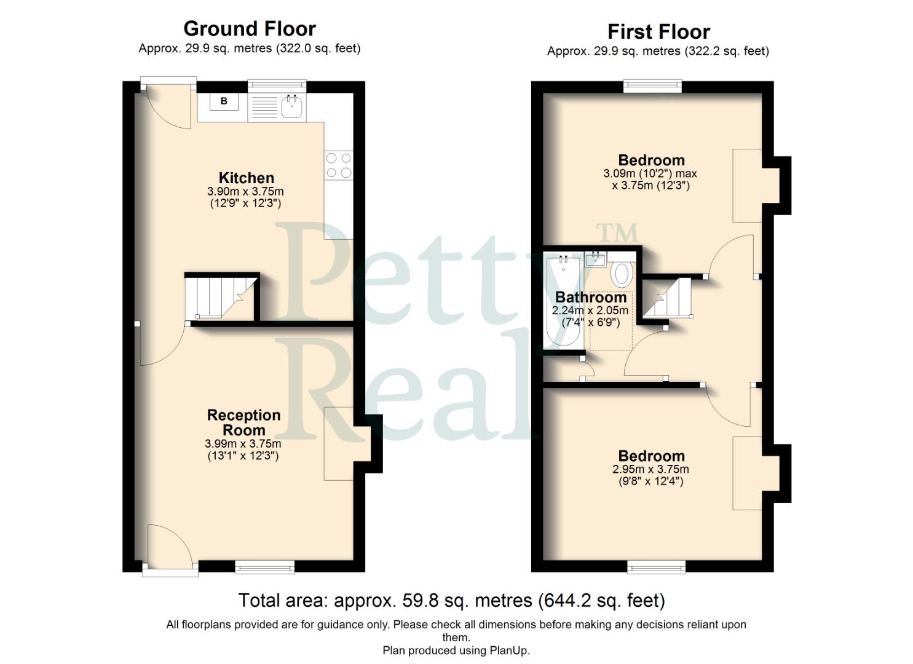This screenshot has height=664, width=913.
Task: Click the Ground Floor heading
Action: pos(250,29)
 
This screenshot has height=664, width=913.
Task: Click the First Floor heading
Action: pos(658,31)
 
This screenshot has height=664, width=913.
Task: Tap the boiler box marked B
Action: pos(224,101)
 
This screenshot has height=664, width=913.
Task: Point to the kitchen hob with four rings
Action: pos(339,165)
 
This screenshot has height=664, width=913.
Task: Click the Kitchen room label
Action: pos(246,178)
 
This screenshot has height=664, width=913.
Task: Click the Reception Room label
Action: pos(243,422)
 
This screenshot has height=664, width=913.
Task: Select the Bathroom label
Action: pos(590,298)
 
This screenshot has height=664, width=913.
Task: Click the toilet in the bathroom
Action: pos(623,274)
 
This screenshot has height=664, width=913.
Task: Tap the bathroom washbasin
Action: pos(596,259)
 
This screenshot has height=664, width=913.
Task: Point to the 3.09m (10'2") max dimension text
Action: pos(650,174)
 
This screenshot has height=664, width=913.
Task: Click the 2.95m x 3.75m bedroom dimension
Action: pos(650,469)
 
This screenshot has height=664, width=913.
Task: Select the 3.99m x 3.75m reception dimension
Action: pos(243,444)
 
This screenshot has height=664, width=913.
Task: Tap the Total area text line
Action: pos(451,600)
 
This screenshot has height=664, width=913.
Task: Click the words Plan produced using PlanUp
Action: pos(456,650)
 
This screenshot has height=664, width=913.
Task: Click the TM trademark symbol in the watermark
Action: pos(617,233)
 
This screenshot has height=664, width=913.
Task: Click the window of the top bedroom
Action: pos(653,86)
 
